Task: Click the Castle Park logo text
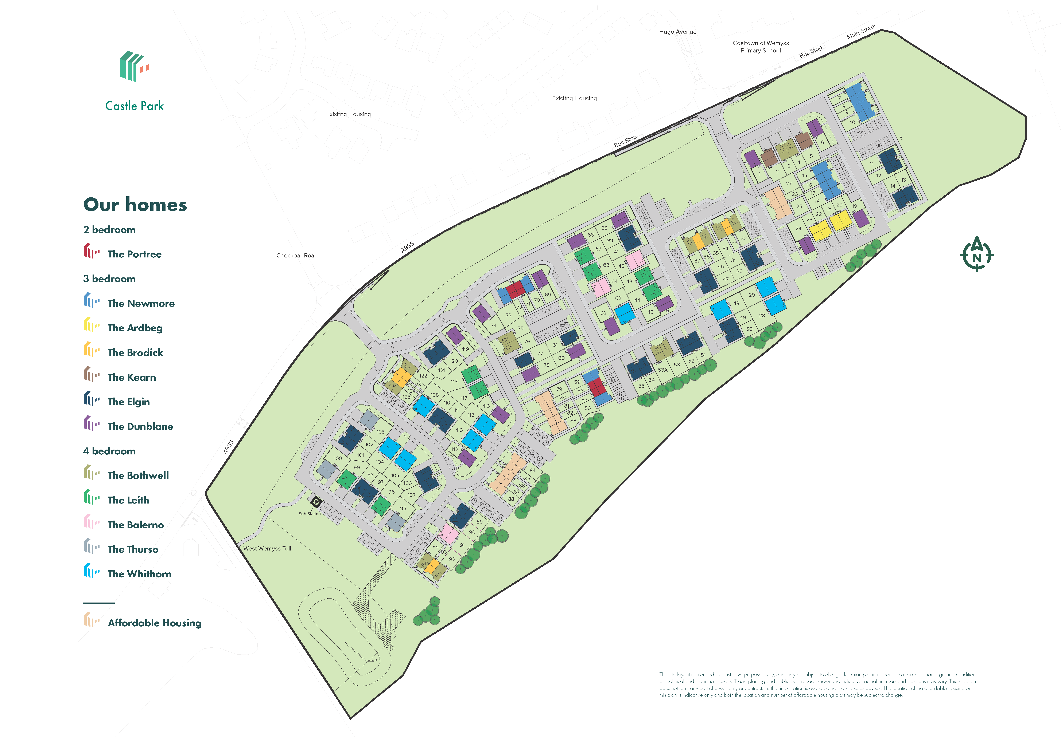pos(134,106)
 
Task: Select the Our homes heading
pos(135,205)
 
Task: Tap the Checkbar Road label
pos(297,255)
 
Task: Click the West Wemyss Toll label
pos(267,548)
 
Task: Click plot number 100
pos(338,458)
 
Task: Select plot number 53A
pos(662,370)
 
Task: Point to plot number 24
pos(798,228)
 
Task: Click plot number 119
pos(466,349)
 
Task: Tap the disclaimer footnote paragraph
pos(818,685)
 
